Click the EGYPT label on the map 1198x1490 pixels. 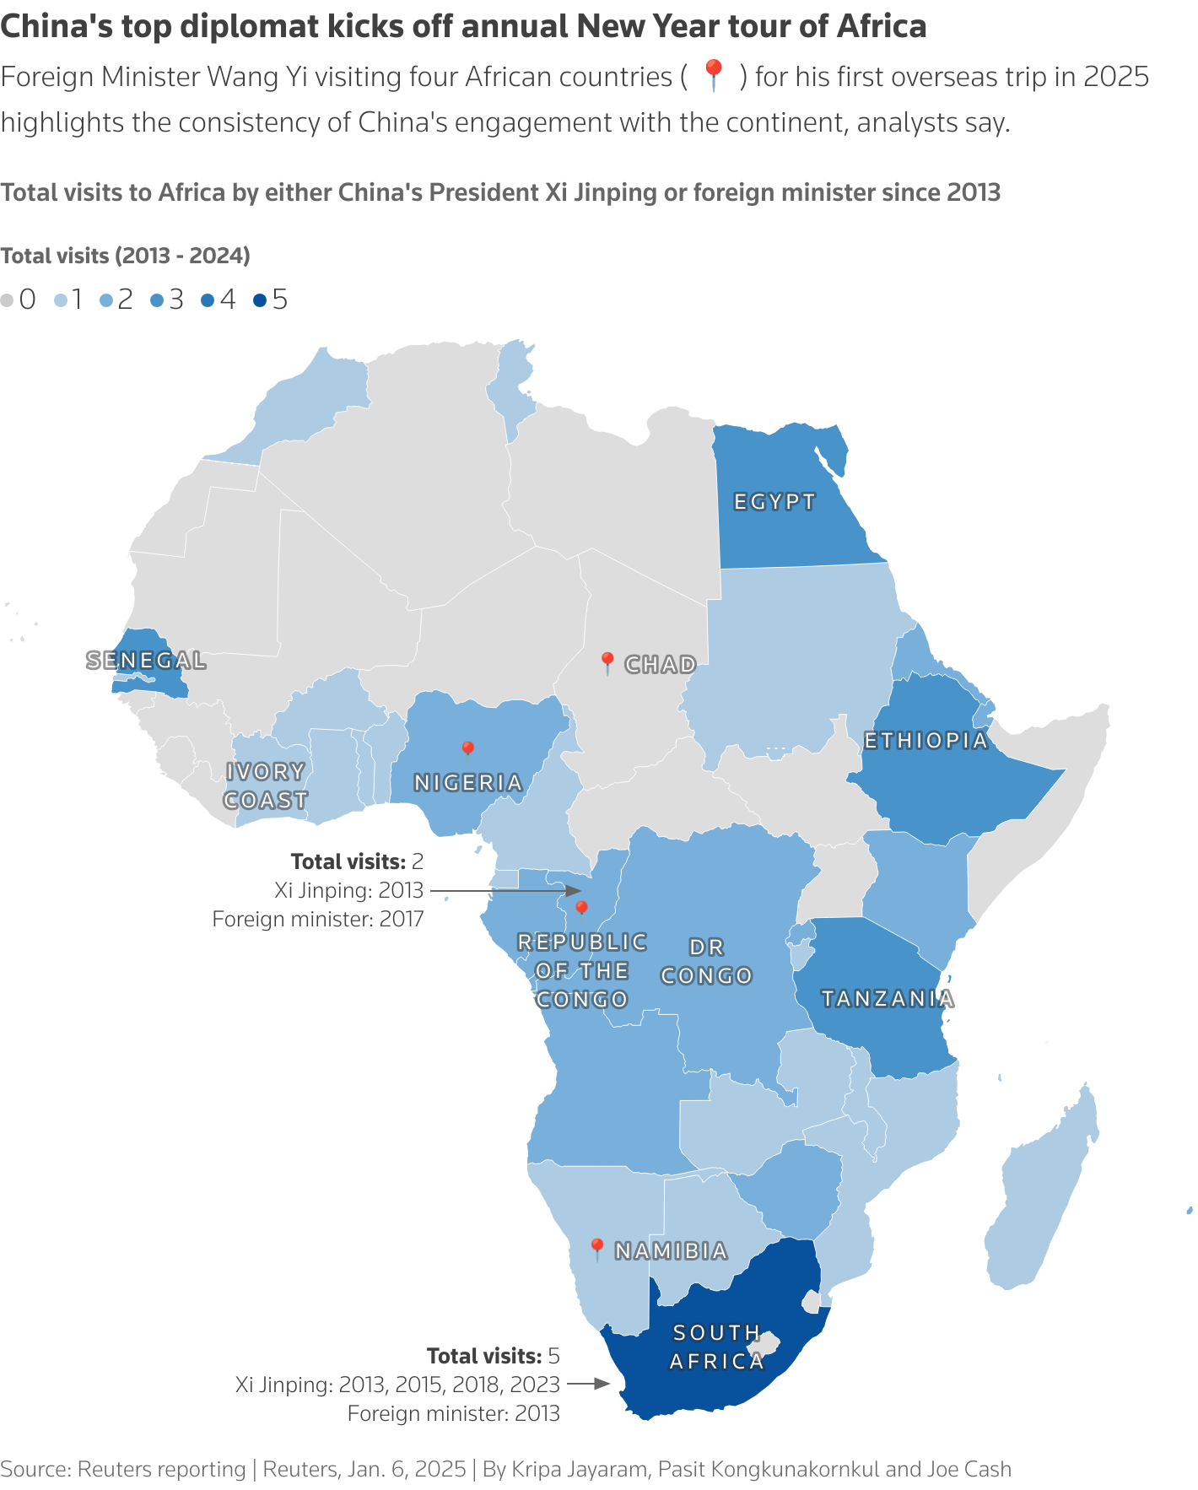774,502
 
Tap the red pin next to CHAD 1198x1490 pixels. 606,662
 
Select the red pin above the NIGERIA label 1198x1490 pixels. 467,749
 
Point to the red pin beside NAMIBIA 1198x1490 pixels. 596,1248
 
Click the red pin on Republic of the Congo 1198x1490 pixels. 580,908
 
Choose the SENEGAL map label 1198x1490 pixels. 147,661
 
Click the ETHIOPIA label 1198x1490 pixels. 925,741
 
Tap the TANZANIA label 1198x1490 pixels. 888,999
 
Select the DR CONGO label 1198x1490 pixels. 706,962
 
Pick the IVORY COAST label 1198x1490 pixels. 266,785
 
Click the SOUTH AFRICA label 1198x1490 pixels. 717,1347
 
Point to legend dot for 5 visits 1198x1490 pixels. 260,300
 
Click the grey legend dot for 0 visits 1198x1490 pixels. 8,300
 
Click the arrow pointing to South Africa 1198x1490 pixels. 589,1384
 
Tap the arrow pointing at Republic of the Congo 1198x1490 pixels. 506,890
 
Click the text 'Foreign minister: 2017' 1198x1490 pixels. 317,919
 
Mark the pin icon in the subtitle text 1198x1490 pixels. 714,75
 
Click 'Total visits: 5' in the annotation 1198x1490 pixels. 493,1356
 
